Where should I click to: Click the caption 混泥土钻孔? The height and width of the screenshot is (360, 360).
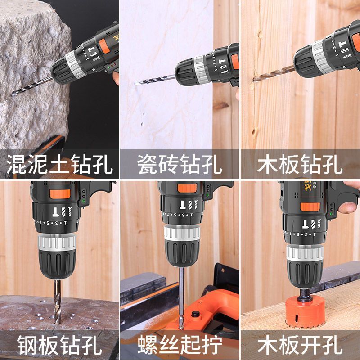click(59, 164)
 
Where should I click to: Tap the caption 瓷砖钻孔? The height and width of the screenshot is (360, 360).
click(180, 164)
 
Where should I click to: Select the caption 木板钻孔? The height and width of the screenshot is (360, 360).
click(300, 164)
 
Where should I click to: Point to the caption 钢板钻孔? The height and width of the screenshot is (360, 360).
click(59, 345)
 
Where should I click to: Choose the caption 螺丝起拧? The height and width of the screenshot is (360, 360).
click(180, 345)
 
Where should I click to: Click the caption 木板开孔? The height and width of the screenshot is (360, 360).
click(300, 345)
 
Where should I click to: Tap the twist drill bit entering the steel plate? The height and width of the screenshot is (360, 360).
click(58, 302)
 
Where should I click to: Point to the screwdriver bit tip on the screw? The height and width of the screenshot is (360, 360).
click(181, 325)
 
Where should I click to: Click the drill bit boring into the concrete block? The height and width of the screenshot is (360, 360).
click(32, 86)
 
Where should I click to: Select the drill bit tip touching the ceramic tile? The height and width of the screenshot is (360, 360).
click(137, 84)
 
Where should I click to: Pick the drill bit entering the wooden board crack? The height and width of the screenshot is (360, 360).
click(274, 74)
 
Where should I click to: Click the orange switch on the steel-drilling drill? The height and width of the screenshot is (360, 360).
click(60, 194)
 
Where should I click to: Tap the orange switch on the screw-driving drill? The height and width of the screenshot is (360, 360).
click(187, 188)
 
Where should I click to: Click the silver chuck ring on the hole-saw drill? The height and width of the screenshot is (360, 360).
click(305, 253)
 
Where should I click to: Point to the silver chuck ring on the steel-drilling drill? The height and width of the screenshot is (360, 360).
click(57, 242)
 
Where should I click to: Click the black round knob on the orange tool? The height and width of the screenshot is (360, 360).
click(195, 314)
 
